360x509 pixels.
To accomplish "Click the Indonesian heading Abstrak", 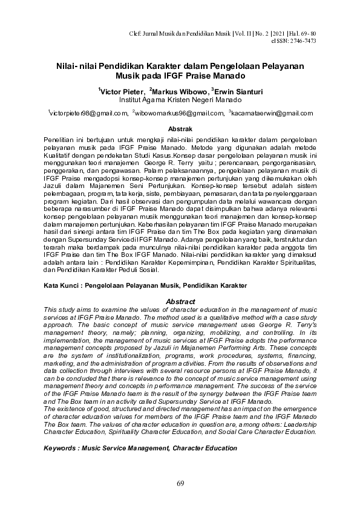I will [x=180, y=129].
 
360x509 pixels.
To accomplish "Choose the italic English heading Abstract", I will [x=180, y=302].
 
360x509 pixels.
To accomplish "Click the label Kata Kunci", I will [x=62, y=284].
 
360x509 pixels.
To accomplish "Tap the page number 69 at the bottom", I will [x=180, y=483].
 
